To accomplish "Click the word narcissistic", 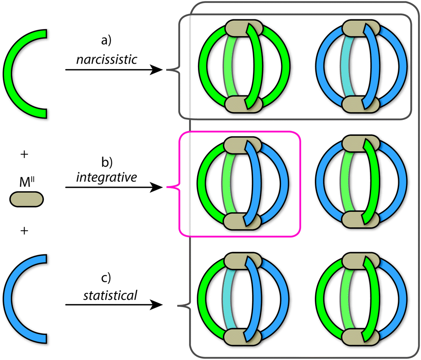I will point(107,60).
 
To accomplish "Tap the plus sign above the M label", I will point(24,155).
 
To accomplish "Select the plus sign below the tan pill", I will point(24,231).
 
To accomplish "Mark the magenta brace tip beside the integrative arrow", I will point(166,188).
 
